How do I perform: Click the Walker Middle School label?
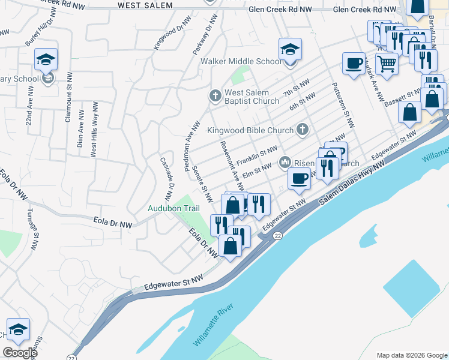pyautogui.click(x=241, y=61)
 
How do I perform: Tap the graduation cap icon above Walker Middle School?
pyautogui.click(x=290, y=49)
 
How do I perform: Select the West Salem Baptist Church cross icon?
pyautogui.click(x=215, y=95)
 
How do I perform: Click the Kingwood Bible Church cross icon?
pyautogui.click(x=303, y=130)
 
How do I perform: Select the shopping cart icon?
pyautogui.click(x=387, y=63)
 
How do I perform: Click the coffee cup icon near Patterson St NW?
pyautogui.click(x=354, y=62)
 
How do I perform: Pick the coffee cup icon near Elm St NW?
pyautogui.click(x=298, y=177)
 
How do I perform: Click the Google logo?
pyautogui.click(x=20, y=353)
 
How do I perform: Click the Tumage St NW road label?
pyautogui.click(x=34, y=227)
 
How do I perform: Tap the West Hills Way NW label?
pyautogui.click(x=94, y=128)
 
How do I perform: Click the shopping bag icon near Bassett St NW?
pyautogui.click(x=409, y=112)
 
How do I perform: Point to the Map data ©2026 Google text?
pyautogui.click(x=412, y=355)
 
